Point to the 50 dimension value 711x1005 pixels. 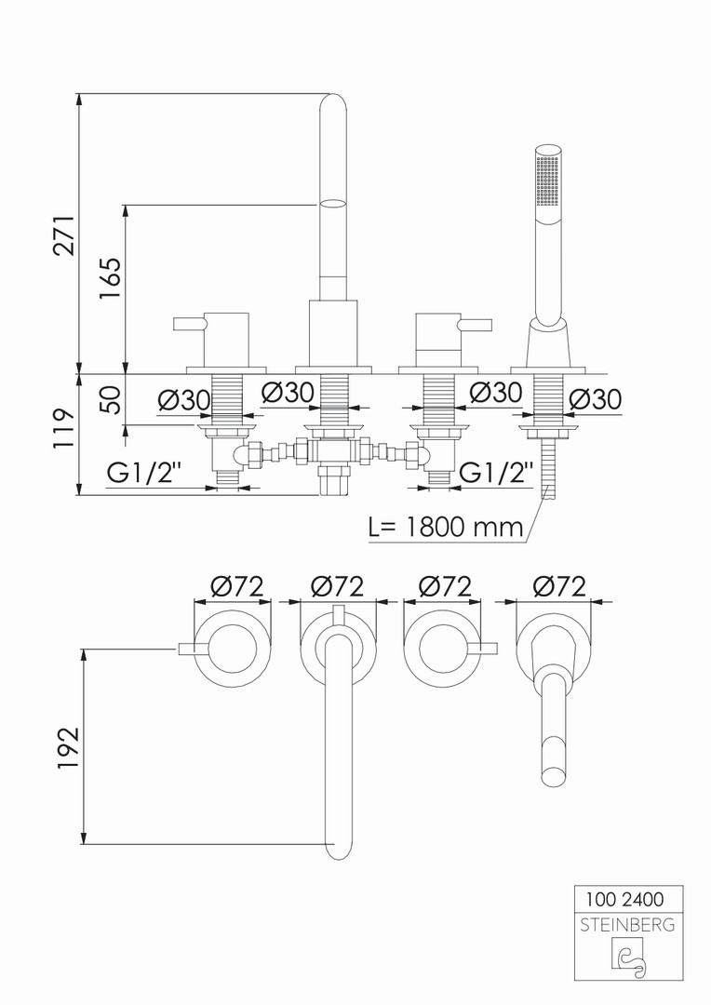tap(110, 400)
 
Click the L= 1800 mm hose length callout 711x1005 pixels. tap(446, 527)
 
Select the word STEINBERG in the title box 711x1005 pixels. tap(627, 925)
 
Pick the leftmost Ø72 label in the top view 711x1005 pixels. tap(236, 586)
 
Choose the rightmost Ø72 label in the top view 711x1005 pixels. tap(559, 586)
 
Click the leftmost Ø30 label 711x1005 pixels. tap(184, 398)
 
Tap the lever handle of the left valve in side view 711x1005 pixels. tap(189, 325)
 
